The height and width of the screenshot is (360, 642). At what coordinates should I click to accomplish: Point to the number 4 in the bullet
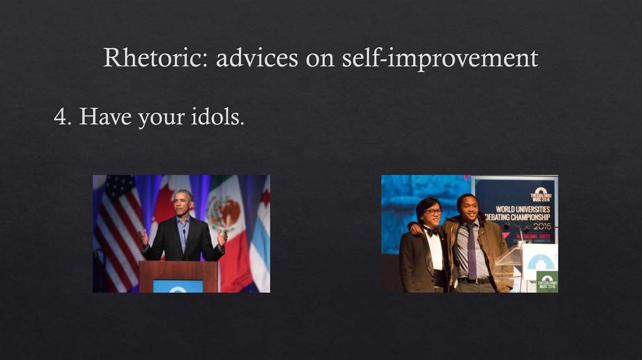point(60,117)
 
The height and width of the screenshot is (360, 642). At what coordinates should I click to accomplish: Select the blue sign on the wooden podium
point(178,286)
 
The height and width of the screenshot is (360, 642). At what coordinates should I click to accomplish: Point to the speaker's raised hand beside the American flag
point(144,237)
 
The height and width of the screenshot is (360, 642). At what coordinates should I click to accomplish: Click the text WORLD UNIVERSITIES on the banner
point(522,209)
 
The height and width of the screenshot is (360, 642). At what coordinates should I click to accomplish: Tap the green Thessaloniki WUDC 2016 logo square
point(546,281)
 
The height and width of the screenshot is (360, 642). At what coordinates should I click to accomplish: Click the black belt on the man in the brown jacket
point(474,280)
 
